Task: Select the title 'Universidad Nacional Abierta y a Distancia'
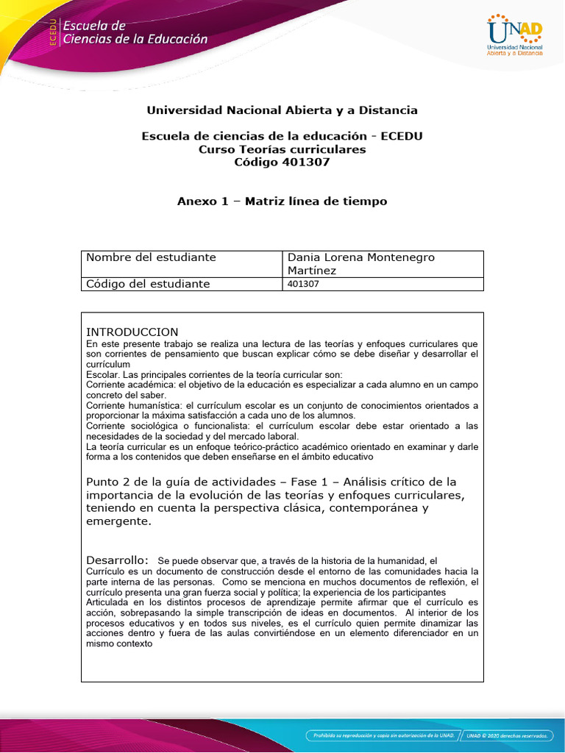[282, 110]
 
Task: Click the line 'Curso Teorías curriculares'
[282, 149]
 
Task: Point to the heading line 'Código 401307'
[282, 163]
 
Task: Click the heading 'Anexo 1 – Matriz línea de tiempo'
[282, 201]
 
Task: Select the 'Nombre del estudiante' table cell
[151, 257]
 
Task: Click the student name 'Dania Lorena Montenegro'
[360, 257]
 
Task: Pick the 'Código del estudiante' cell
[148, 284]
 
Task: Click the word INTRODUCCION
[132, 332]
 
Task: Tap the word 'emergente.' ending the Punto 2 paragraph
[118, 521]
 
